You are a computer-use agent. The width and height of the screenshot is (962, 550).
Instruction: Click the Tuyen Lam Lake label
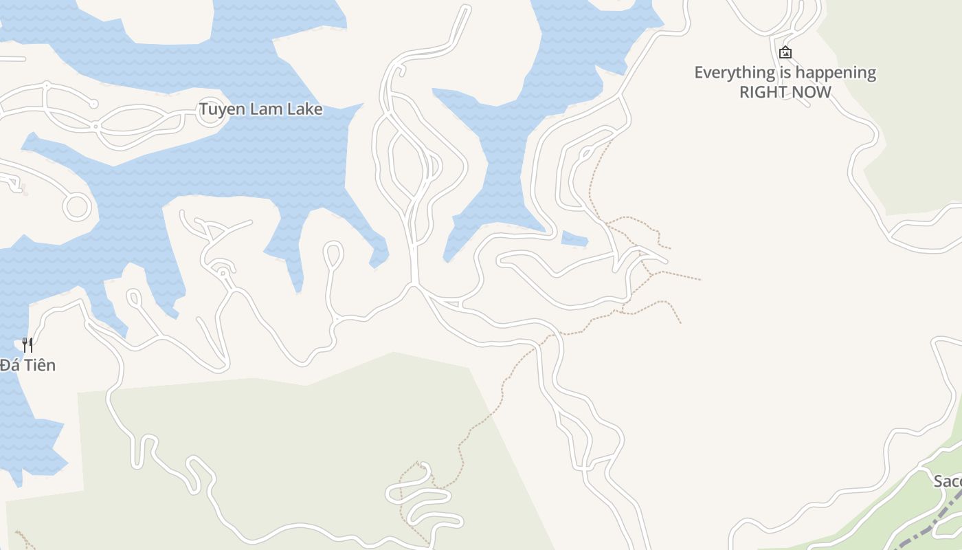[260, 109]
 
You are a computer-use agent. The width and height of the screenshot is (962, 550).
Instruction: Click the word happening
[836, 73]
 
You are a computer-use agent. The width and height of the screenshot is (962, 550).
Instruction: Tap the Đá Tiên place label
[27, 365]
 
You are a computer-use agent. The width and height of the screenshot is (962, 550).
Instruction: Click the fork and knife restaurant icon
[27, 344]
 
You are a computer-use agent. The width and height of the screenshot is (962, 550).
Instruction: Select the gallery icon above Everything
[785, 52]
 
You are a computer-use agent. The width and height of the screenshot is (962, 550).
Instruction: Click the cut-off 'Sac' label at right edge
[948, 481]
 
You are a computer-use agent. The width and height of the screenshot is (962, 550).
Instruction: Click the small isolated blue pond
[574, 239]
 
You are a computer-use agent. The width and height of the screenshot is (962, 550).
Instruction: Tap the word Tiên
[39, 365]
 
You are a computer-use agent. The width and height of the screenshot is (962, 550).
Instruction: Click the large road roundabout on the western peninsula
[76, 206]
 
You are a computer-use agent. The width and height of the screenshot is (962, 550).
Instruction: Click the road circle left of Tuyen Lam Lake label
[208, 115]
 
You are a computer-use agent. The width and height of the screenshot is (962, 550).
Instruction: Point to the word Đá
[9, 365]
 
